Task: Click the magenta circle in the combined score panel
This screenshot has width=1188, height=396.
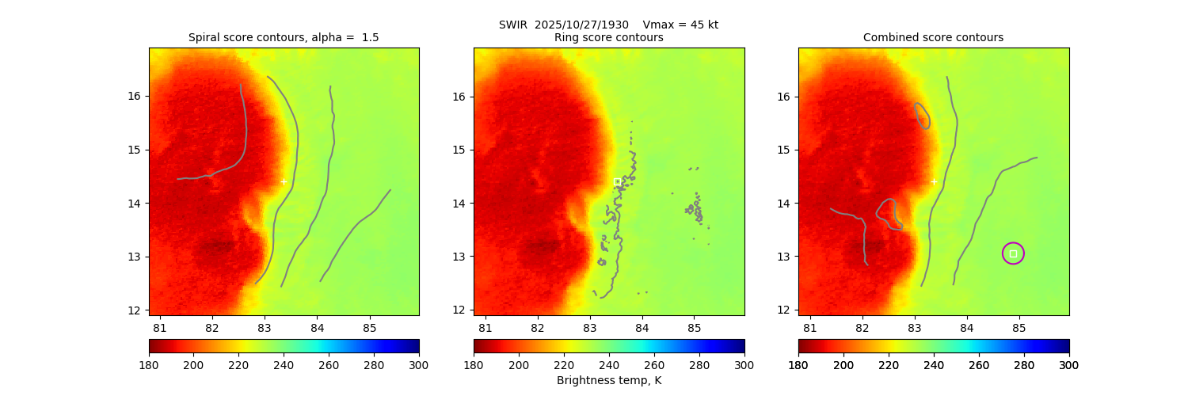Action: tap(1013, 253)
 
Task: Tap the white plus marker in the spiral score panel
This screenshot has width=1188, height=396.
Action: tap(284, 182)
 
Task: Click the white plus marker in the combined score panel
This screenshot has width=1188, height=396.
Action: tap(934, 182)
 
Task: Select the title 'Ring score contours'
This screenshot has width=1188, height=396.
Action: tap(608, 37)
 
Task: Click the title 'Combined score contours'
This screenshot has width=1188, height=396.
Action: tap(933, 37)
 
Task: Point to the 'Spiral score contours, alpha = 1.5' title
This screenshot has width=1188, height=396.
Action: tap(284, 37)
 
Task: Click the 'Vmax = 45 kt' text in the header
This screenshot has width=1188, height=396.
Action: tap(680, 25)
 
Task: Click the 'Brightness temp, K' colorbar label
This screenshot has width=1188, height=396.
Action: tap(608, 380)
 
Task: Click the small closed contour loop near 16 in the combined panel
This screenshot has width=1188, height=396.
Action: tap(922, 116)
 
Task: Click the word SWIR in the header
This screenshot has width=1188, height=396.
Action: tap(513, 25)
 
